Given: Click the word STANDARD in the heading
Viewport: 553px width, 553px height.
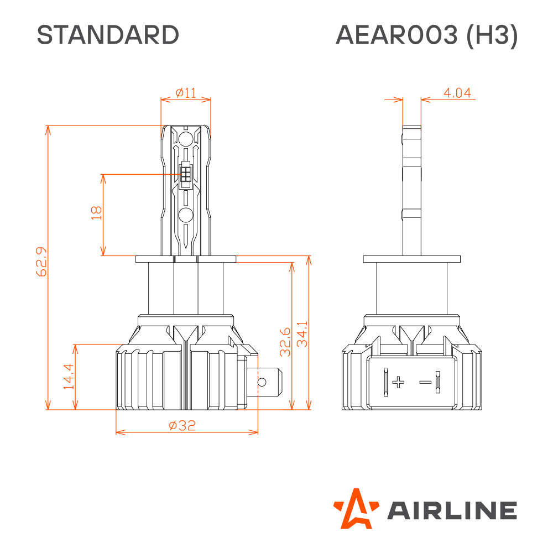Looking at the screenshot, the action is pyautogui.click(x=108, y=35).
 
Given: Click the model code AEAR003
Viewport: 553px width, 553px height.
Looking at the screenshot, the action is pyautogui.click(x=397, y=35).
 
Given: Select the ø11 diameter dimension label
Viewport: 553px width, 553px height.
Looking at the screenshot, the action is pyautogui.click(x=186, y=93).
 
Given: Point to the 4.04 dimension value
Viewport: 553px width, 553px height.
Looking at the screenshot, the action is pyautogui.click(x=457, y=93).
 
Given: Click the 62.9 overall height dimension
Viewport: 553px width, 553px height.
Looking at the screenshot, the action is pyautogui.click(x=41, y=262).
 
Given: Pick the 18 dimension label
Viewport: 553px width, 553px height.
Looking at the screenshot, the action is pyautogui.click(x=96, y=213).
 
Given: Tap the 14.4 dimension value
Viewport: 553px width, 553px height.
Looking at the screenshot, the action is pyautogui.click(x=69, y=376).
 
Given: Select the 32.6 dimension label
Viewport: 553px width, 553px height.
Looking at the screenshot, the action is pyautogui.click(x=285, y=342).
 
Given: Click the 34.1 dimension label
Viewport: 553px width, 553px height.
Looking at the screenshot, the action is pyautogui.click(x=302, y=334).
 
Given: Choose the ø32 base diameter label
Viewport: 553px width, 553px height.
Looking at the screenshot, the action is pyautogui.click(x=182, y=425).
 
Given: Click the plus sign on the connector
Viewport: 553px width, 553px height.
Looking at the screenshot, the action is pyautogui.click(x=399, y=382).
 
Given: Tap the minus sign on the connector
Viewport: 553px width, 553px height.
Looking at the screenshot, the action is pyautogui.click(x=425, y=382).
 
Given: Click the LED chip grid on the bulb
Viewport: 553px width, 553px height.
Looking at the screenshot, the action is pyautogui.click(x=185, y=174).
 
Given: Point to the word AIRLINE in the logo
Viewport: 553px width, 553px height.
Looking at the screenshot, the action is pyautogui.click(x=452, y=510).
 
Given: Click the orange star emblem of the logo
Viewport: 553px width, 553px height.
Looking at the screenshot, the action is pyautogui.click(x=356, y=508).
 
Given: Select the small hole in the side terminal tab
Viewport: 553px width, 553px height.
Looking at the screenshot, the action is pyautogui.click(x=262, y=382).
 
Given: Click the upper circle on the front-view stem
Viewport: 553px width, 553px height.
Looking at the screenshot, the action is pyautogui.click(x=185, y=139).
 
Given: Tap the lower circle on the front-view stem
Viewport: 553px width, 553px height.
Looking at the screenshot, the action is pyautogui.click(x=185, y=215).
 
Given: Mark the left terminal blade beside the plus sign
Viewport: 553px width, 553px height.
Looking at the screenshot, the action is pyautogui.click(x=386, y=382).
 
